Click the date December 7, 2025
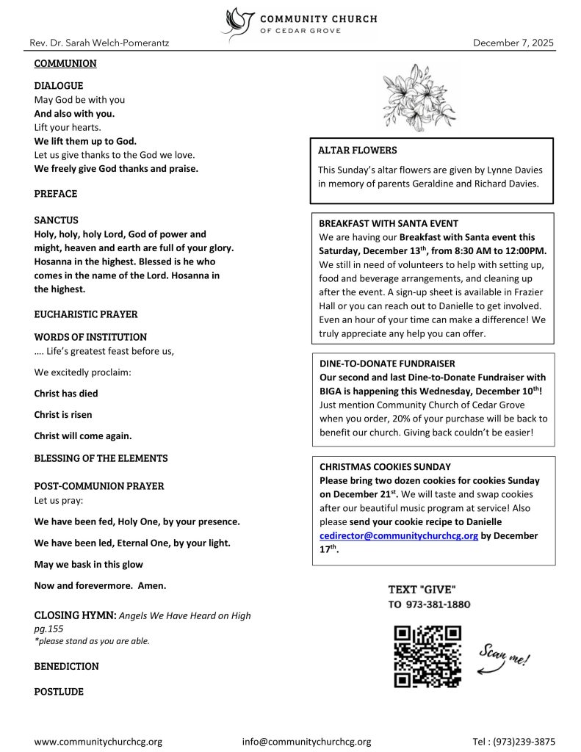click(x=513, y=43)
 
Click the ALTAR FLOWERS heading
click(x=357, y=151)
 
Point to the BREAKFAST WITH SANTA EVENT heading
click(x=389, y=223)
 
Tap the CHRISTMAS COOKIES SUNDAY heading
click(x=385, y=467)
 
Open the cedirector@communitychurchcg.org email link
click(x=399, y=536)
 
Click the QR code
click(x=427, y=656)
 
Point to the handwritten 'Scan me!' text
click(x=504, y=653)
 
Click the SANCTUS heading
click(x=56, y=220)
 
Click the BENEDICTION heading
click(x=66, y=666)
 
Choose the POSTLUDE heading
click(x=59, y=692)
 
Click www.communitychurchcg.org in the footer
click(x=98, y=742)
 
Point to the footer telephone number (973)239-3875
click(x=524, y=742)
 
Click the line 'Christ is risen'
click(x=63, y=415)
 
